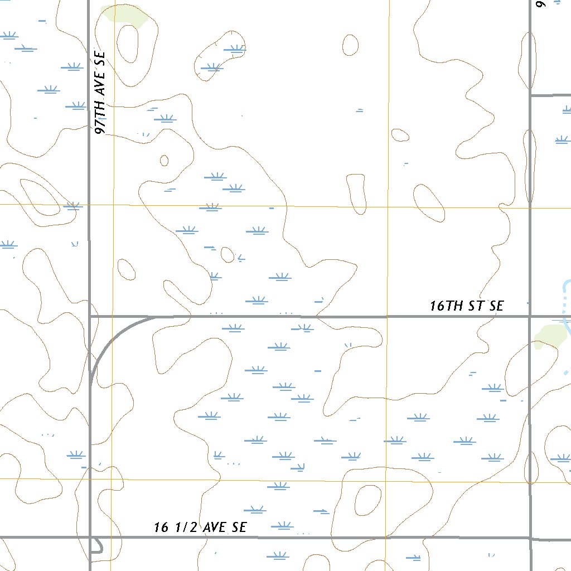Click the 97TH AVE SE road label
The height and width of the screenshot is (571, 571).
pyautogui.click(x=101, y=93)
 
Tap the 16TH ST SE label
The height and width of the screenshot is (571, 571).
pyautogui.click(x=466, y=306)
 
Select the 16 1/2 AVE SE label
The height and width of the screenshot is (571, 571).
pyautogui.click(x=200, y=527)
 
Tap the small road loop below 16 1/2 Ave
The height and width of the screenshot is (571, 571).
pyautogui.click(x=97, y=545)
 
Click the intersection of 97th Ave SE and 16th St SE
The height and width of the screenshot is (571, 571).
pyautogui.click(x=90, y=316)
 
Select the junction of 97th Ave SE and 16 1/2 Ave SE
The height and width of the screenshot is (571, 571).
pyautogui.click(x=90, y=538)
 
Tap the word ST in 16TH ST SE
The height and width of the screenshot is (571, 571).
pyautogui.click(x=475, y=306)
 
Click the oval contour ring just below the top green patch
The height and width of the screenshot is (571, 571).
pyautogui.click(x=128, y=43)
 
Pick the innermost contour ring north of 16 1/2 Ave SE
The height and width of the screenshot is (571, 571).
pyautogui.click(x=367, y=500)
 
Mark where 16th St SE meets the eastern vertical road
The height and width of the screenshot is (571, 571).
pyautogui.click(x=530, y=316)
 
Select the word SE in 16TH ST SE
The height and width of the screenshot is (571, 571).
pyautogui.click(x=496, y=306)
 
